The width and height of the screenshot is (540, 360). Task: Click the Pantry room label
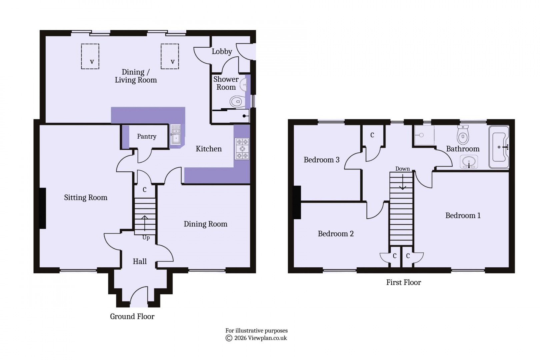coord(146,136)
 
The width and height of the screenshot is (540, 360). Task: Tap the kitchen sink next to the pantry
coord(176,135)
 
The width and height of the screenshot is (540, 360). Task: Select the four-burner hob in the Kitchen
coord(242,149)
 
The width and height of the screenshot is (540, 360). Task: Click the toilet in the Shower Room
coord(237,101)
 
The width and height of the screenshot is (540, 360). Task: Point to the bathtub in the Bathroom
coord(499,147)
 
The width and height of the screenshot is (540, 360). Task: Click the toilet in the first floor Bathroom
coord(463,135)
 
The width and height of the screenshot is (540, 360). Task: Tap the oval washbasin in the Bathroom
coord(469,162)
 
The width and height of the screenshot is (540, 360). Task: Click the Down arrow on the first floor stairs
coord(402,182)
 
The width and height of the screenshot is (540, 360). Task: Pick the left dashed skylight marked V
coord(90,56)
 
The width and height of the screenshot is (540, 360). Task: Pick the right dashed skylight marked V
coord(170,56)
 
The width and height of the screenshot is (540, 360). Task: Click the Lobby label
coord(222,51)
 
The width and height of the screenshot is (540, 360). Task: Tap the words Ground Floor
coord(132,316)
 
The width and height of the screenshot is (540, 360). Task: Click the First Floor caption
coord(403,282)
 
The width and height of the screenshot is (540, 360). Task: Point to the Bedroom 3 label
coord(321,160)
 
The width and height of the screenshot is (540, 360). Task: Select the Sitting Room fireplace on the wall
coord(42,208)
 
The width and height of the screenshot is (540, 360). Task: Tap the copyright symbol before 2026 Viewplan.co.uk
coord(229,338)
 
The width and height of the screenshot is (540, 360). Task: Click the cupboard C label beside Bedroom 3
coord(372,135)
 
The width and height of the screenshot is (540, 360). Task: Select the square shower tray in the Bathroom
coord(424,135)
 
